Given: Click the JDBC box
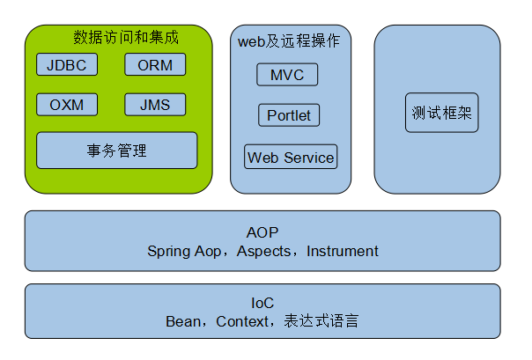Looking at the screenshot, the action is pyautogui.click(x=67, y=64).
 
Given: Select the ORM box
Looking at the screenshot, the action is pyautogui.click(x=155, y=64).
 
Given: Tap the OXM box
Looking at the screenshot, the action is pyautogui.click(x=67, y=105).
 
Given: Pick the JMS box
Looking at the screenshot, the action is pyautogui.click(x=155, y=105).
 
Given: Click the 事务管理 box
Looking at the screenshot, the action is pyautogui.click(x=117, y=151).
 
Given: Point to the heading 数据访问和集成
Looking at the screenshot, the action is pyautogui.click(x=126, y=37).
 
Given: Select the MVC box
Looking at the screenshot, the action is pyautogui.click(x=287, y=75).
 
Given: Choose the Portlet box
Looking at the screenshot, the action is pyautogui.click(x=289, y=115).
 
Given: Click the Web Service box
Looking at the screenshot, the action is pyautogui.click(x=291, y=157).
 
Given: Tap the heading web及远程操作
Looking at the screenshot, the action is pyautogui.click(x=289, y=41).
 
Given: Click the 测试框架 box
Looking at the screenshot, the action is pyautogui.click(x=442, y=113).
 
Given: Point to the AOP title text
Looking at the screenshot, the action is pyautogui.click(x=262, y=232).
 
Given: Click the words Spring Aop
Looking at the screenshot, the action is pyautogui.click(x=184, y=252).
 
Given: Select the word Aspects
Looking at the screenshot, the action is pyautogui.click(x=263, y=251).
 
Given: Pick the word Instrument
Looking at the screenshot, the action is pyautogui.click(x=343, y=251).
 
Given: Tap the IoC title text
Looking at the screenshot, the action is pyautogui.click(x=262, y=303).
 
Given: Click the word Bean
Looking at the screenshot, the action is pyautogui.click(x=183, y=321).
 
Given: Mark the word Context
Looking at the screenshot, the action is pyautogui.click(x=242, y=321).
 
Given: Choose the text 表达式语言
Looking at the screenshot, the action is pyautogui.click(x=321, y=321).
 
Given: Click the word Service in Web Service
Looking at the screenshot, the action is pyautogui.click(x=309, y=158).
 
